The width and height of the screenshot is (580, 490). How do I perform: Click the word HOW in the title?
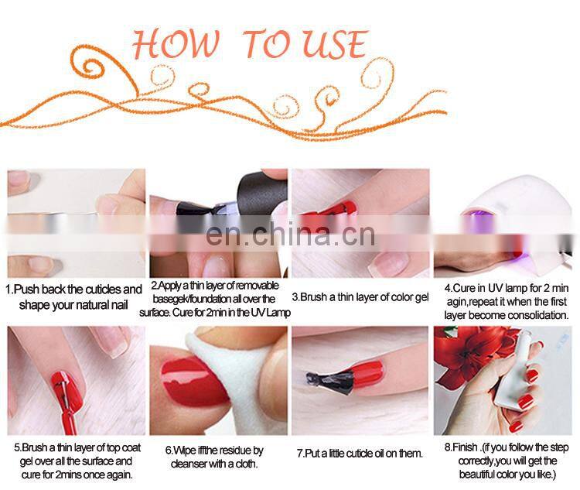[174, 44]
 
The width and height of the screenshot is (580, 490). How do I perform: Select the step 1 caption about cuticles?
[74, 296]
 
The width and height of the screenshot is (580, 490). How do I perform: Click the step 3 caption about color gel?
[360, 296]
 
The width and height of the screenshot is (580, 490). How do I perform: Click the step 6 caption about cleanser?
[214, 456]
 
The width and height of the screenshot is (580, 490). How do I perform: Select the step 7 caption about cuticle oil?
[360, 453]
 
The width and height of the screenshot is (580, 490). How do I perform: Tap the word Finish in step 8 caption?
[460, 447]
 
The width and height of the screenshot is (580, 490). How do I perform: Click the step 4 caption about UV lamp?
[507, 303]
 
